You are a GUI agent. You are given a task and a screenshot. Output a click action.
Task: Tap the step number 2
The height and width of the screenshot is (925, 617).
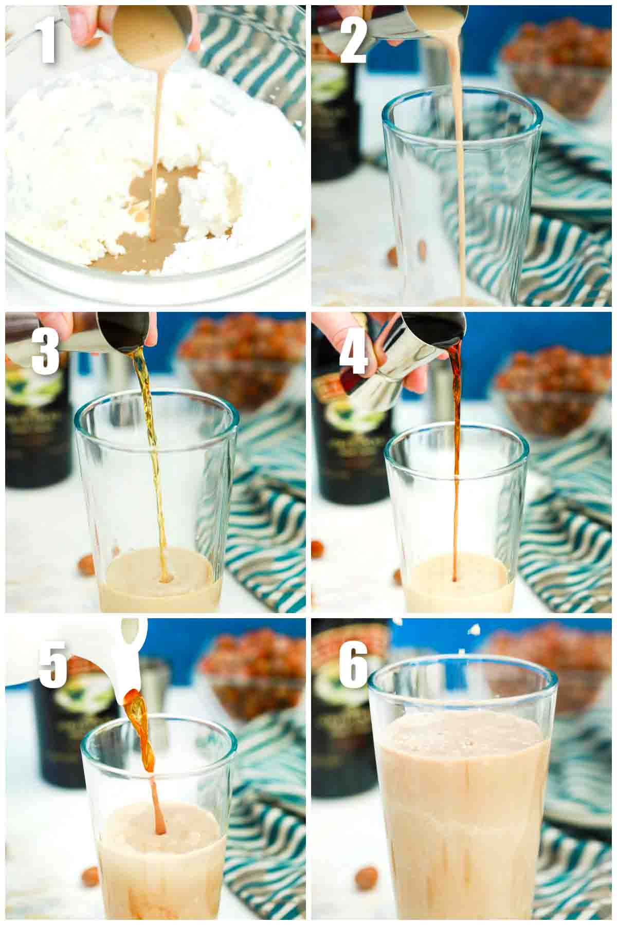(x=354, y=39)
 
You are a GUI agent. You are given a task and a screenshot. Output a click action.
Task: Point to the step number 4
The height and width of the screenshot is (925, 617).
(x=355, y=349)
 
